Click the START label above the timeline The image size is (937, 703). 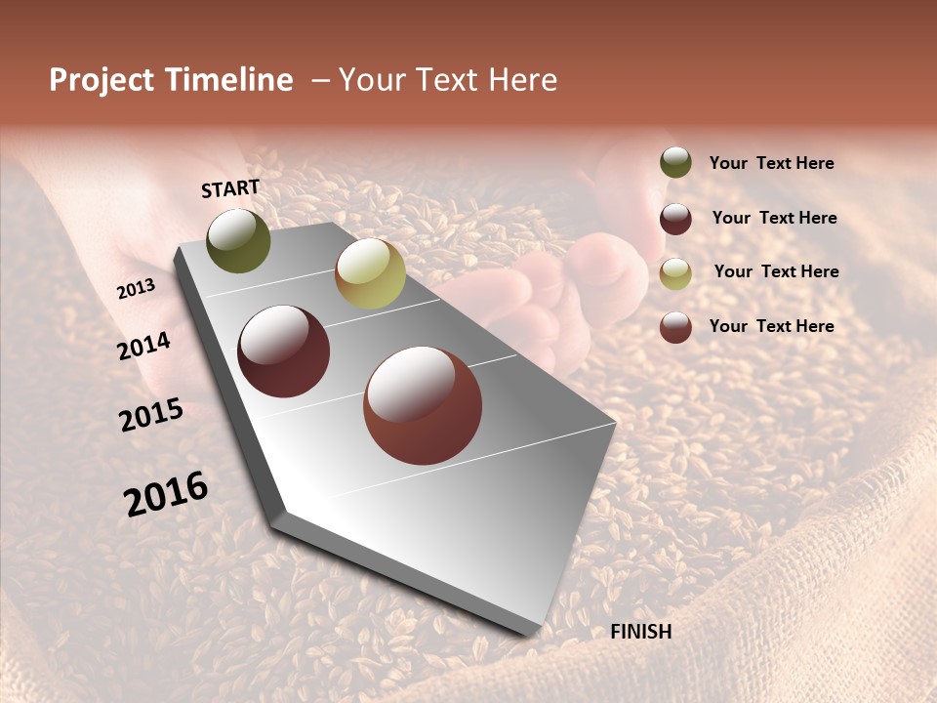click(230, 188)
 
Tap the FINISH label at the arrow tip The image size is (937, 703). click(641, 632)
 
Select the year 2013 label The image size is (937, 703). click(136, 288)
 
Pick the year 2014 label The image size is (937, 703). click(143, 346)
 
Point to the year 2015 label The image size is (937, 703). click(151, 415)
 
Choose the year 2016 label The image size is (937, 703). click(166, 493)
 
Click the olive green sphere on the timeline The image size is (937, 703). click(239, 241)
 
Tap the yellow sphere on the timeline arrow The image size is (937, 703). click(370, 273)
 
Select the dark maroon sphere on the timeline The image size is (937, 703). click(284, 351)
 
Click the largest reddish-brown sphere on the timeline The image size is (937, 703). click(423, 405)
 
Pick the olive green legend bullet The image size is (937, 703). click(675, 162)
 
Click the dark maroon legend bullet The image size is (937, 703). click(675, 219)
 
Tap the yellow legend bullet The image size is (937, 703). click(675, 273)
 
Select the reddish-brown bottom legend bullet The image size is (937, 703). click(675, 327)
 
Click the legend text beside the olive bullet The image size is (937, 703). click(772, 164)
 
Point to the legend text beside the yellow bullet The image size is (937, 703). click(776, 271)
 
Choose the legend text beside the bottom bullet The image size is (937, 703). click(772, 326)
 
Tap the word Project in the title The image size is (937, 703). click(100, 80)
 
